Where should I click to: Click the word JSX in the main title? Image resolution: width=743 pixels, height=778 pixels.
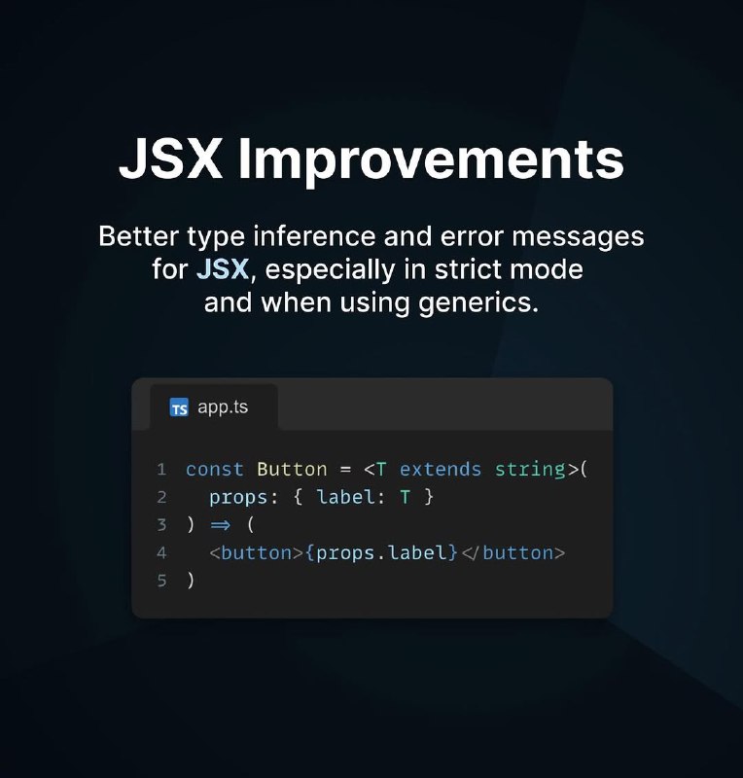point(170,159)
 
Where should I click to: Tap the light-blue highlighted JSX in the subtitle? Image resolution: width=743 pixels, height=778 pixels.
point(223,269)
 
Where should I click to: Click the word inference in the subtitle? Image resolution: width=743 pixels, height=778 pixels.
point(314,235)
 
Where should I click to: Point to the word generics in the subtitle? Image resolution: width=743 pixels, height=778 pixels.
point(478,303)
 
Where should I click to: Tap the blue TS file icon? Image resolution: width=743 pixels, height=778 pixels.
point(179,407)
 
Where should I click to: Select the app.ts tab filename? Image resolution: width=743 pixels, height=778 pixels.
point(223,407)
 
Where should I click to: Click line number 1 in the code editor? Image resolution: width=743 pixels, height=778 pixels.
point(161,470)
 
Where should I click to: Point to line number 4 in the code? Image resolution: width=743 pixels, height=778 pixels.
point(161,552)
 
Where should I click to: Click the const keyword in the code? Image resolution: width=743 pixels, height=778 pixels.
point(214,470)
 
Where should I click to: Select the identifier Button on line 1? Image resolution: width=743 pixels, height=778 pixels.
point(292,470)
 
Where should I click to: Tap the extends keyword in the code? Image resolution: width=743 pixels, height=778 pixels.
point(441,470)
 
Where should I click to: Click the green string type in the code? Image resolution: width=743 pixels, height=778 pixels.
point(530,470)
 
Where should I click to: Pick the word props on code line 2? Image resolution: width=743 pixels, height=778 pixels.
point(238,498)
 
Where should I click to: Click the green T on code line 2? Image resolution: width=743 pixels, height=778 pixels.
point(405,497)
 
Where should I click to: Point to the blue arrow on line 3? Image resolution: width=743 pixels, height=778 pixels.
point(221,525)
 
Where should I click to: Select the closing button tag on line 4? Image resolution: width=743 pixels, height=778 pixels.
point(513,552)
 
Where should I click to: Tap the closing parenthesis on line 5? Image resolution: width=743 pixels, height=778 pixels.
point(191,581)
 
